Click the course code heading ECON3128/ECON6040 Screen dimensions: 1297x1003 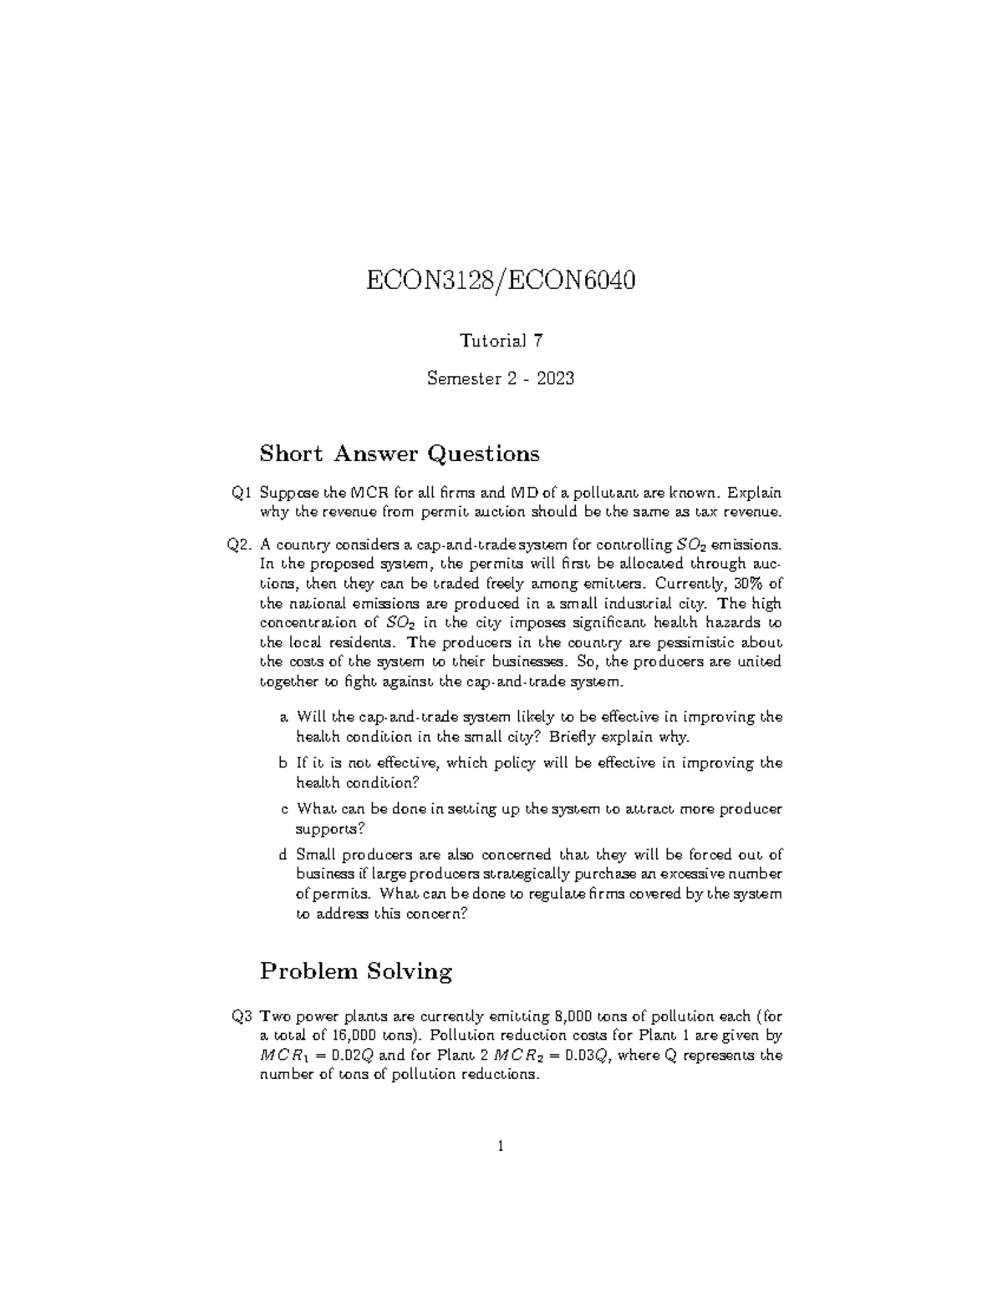pyautogui.click(x=501, y=281)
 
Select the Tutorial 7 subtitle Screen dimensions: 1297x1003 pyautogui.click(x=501, y=341)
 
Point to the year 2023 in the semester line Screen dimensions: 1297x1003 pyautogui.click(x=555, y=379)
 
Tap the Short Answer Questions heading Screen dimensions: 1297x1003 pyautogui.click(x=400, y=453)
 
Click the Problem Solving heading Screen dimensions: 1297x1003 pyautogui.click(x=355, y=970)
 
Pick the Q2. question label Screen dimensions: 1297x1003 pyautogui.click(x=239, y=545)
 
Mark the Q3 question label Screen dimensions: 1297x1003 pyautogui.click(x=242, y=1016)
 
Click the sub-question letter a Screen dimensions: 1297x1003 pyautogui.click(x=284, y=717)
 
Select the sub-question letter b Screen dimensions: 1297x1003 pyautogui.click(x=284, y=762)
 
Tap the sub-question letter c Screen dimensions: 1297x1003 pyautogui.click(x=284, y=808)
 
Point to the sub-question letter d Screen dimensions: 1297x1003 pyautogui.click(x=284, y=854)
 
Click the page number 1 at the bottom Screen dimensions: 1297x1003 pyautogui.click(x=501, y=1147)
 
